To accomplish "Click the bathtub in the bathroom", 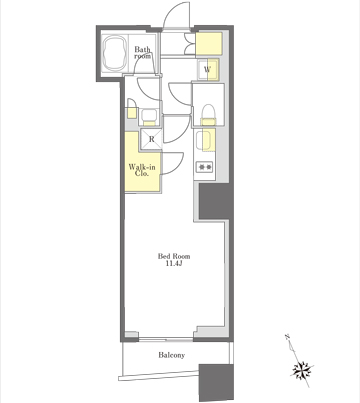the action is [x=114, y=53].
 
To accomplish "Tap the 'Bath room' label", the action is [x=142, y=53].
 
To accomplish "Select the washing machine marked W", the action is [x=208, y=70].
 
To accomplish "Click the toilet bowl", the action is [x=208, y=112].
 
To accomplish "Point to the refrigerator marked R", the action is [x=151, y=139].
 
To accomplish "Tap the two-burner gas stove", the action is [x=204, y=166].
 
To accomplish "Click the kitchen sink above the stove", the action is [x=204, y=140].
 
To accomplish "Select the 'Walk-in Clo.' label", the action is [x=142, y=170].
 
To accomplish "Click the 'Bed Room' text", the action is [x=174, y=256].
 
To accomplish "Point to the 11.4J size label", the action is [x=174, y=264].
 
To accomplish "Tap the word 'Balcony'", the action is [x=171, y=355].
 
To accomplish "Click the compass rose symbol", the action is [x=303, y=370].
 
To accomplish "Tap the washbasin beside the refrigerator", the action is [x=149, y=116].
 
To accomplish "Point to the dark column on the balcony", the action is [x=216, y=383].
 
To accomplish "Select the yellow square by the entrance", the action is [x=209, y=44].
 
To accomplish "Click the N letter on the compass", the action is [x=287, y=337].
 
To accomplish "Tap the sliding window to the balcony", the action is [x=166, y=340].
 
